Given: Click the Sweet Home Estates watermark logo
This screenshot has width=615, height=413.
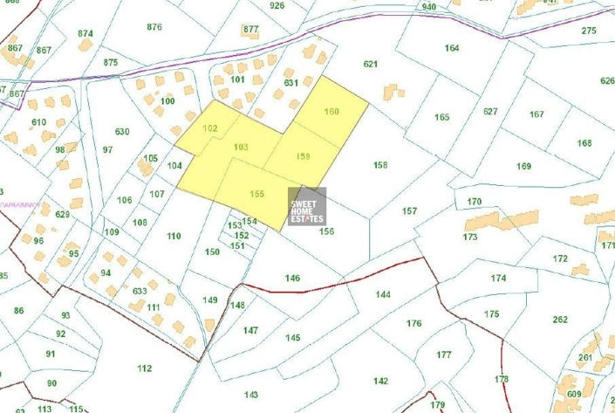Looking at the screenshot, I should (x=307, y=206).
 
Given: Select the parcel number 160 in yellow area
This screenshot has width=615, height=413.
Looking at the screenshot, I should (x=331, y=111).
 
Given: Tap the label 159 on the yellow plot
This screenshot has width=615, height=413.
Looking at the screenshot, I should (x=303, y=156).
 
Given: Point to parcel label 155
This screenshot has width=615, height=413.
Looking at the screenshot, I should (x=256, y=193).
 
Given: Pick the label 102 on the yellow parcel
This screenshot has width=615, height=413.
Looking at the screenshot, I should (x=209, y=128).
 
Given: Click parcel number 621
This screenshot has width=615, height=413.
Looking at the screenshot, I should (x=371, y=64).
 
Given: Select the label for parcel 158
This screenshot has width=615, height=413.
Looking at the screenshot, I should (x=379, y=164).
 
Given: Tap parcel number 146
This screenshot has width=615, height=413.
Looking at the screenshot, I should (x=293, y=278).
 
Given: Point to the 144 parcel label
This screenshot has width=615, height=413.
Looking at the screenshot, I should (x=383, y=295).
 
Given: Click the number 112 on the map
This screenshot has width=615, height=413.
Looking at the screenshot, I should (x=145, y=368).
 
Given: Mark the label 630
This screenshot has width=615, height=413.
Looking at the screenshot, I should (x=122, y=132).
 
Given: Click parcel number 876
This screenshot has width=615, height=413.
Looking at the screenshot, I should (x=154, y=26).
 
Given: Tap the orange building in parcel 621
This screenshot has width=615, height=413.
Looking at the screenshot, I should (x=392, y=92).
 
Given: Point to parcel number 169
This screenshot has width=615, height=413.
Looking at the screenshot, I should (x=523, y=166).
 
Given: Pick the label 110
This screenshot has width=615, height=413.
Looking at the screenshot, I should (x=174, y=236).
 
